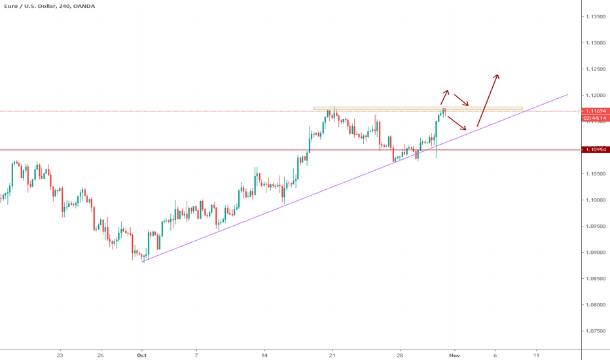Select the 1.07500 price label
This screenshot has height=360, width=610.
[596, 331]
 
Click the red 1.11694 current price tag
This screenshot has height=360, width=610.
[596, 111]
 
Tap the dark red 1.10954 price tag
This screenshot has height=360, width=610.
[596, 150]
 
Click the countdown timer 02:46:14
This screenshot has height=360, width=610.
[596, 118]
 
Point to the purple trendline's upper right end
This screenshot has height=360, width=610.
[567, 95]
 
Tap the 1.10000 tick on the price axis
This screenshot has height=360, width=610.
[596, 200]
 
